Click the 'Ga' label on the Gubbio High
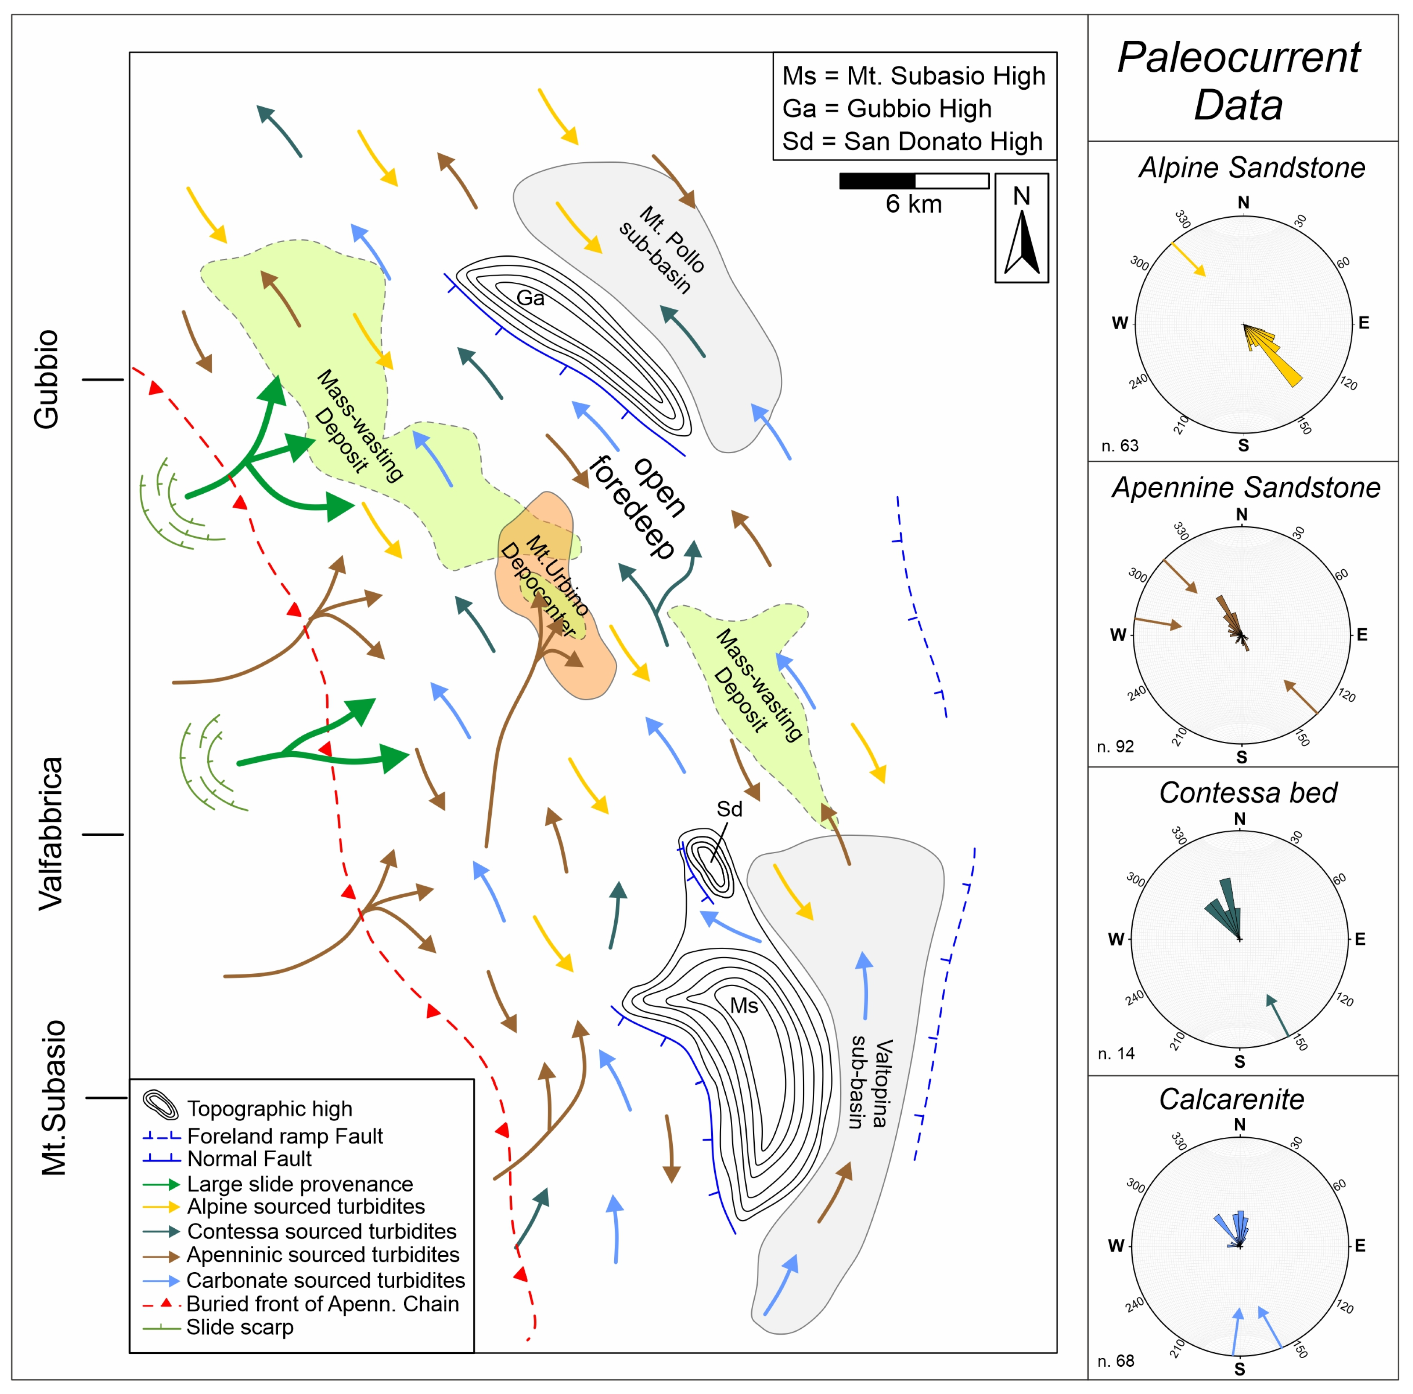[x=530, y=298]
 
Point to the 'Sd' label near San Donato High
[x=729, y=809]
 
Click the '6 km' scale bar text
[x=914, y=204]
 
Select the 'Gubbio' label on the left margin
[x=47, y=379]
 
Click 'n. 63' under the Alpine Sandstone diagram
[x=1119, y=445]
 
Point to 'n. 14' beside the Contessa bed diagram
[x=1116, y=1053]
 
